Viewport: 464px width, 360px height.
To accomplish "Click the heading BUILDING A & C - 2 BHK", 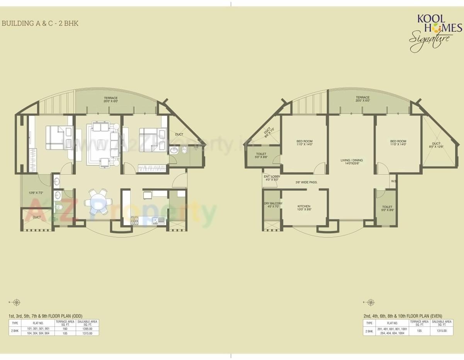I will click(40, 24).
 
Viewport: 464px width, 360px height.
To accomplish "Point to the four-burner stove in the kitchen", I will click(134, 221).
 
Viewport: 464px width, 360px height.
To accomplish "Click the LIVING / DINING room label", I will click(351, 162).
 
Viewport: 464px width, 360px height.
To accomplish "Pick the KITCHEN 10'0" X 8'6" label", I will click(304, 208).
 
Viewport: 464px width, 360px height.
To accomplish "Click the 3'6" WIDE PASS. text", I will click(306, 182).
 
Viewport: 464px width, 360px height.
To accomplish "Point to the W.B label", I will click(393, 181).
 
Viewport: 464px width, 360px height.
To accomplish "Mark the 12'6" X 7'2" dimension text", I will click(35, 192).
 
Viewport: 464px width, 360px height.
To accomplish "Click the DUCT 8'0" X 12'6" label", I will click(436, 145).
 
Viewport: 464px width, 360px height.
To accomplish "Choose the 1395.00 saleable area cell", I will click(87, 328).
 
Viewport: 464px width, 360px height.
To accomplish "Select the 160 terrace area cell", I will click(65, 328).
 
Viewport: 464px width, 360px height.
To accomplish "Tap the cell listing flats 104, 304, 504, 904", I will click(38, 333).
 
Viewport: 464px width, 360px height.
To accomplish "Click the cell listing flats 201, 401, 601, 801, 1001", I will click(392, 329).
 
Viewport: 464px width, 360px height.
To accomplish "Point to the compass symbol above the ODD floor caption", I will click(16, 302).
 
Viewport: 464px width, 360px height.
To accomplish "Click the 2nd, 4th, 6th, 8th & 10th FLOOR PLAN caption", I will click(403, 316).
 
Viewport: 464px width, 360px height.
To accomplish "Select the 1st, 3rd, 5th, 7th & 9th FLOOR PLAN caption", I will click(45, 316).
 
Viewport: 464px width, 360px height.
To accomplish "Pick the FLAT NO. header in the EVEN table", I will click(392, 323).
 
